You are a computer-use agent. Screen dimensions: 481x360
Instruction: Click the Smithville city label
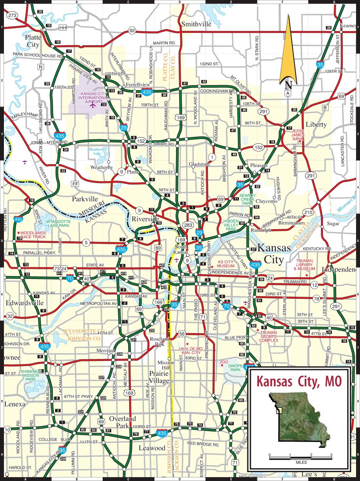pyautogui.click(x=196, y=24)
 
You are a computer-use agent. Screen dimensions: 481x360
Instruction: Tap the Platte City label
pyautogui.click(x=33, y=41)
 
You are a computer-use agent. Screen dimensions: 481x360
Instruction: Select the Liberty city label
pyautogui.click(x=316, y=124)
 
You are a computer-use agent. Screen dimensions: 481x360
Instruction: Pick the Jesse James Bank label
pyautogui.click(x=298, y=135)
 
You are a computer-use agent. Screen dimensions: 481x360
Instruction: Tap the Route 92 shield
pyautogui.click(x=132, y=30)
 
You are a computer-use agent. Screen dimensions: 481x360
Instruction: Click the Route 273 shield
pyautogui.click(x=12, y=15)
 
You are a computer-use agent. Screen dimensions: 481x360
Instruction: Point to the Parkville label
pyautogui.click(x=85, y=199)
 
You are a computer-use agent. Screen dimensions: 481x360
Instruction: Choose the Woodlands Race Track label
pyautogui.click(x=33, y=235)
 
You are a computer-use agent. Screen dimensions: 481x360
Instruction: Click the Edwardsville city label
pyautogui.click(x=25, y=303)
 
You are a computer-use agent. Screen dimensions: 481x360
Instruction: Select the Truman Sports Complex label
pyautogui.click(x=269, y=336)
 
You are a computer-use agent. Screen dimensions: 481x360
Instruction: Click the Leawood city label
pyautogui.click(x=152, y=448)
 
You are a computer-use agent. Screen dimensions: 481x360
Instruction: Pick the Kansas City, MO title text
pyautogui.click(x=299, y=381)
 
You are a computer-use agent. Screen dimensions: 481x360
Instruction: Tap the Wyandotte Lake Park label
pyautogui.click(x=58, y=223)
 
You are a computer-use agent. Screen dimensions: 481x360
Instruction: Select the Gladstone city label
pyautogui.click(x=199, y=164)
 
